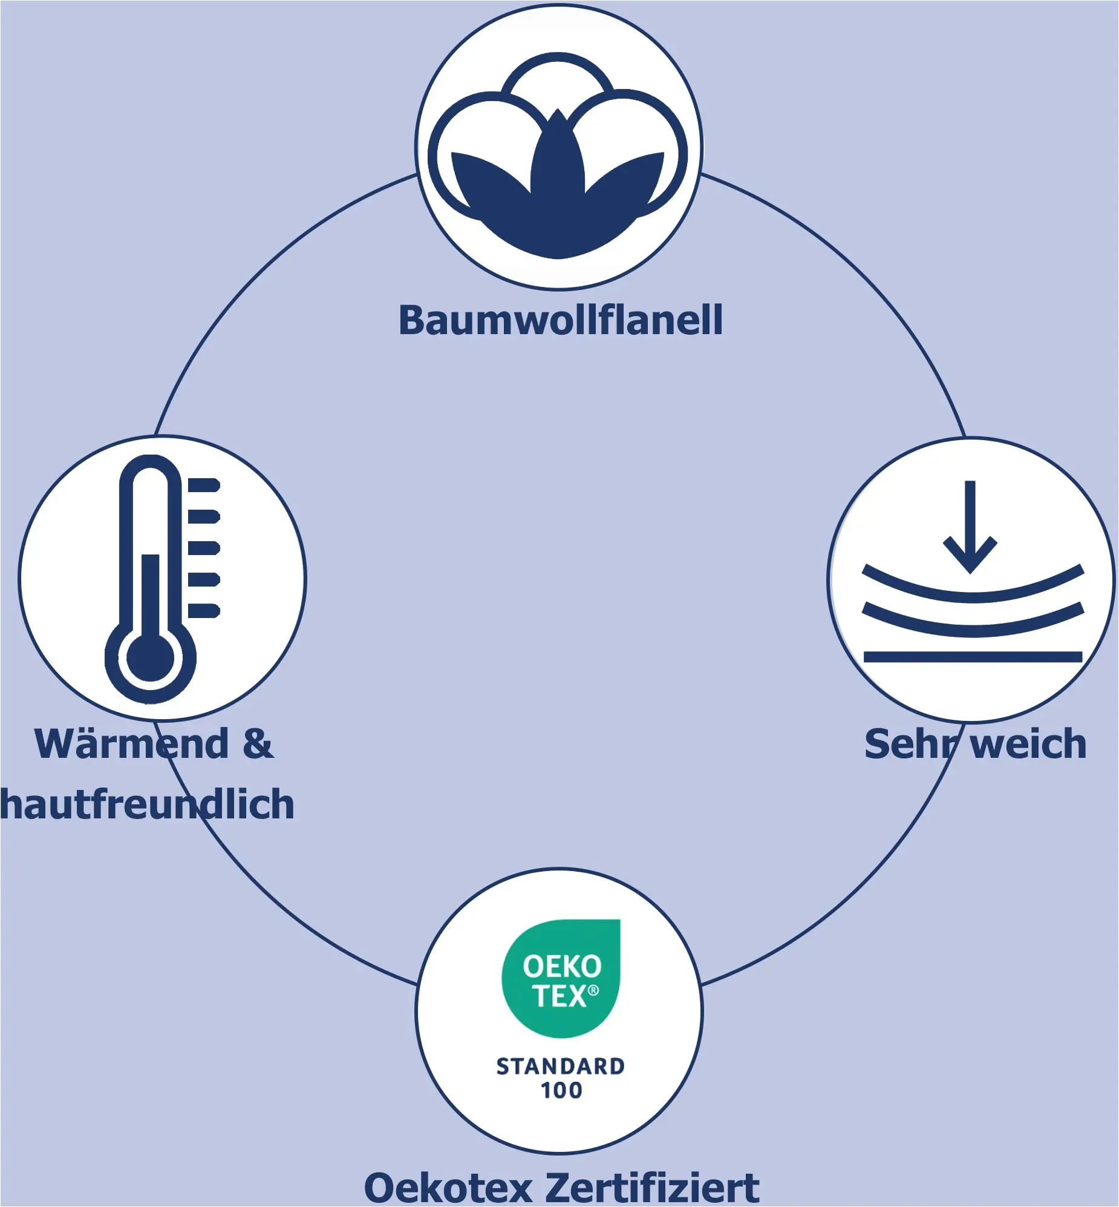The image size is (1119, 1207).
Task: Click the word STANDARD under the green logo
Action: pyautogui.click(x=560, y=1067)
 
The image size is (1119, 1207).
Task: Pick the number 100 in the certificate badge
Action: pyautogui.click(x=561, y=1091)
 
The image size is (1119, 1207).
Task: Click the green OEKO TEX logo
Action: pyautogui.click(x=561, y=979)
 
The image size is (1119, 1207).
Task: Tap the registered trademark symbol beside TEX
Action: pyautogui.click(x=593, y=990)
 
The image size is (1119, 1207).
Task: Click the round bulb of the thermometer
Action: pyautogui.click(x=150, y=658)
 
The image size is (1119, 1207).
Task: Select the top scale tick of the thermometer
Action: pyautogui.click(x=204, y=485)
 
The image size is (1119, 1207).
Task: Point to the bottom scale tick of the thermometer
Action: pyautogui.click(x=204, y=611)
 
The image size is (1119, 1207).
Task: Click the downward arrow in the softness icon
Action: pyautogui.click(x=970, y=527)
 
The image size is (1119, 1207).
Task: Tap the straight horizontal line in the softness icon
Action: pyautogui.click(x=973, y=657)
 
